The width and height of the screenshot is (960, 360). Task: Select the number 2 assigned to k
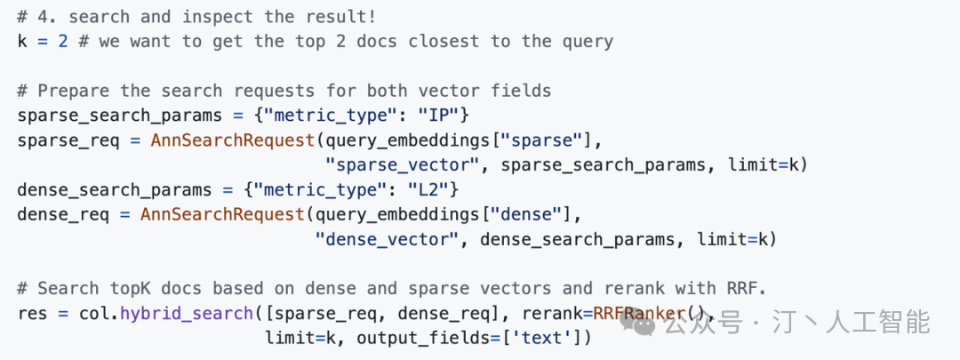point(63,42)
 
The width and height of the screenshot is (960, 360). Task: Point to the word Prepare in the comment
point(74,92)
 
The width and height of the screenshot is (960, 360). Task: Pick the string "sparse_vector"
point(403,165)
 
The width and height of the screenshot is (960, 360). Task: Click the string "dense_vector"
point(387,239)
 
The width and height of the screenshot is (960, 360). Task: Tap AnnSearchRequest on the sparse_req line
point(233,140)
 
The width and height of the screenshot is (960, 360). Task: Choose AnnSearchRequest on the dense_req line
point(222,215)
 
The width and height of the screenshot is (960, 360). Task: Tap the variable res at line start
point(33,314)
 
